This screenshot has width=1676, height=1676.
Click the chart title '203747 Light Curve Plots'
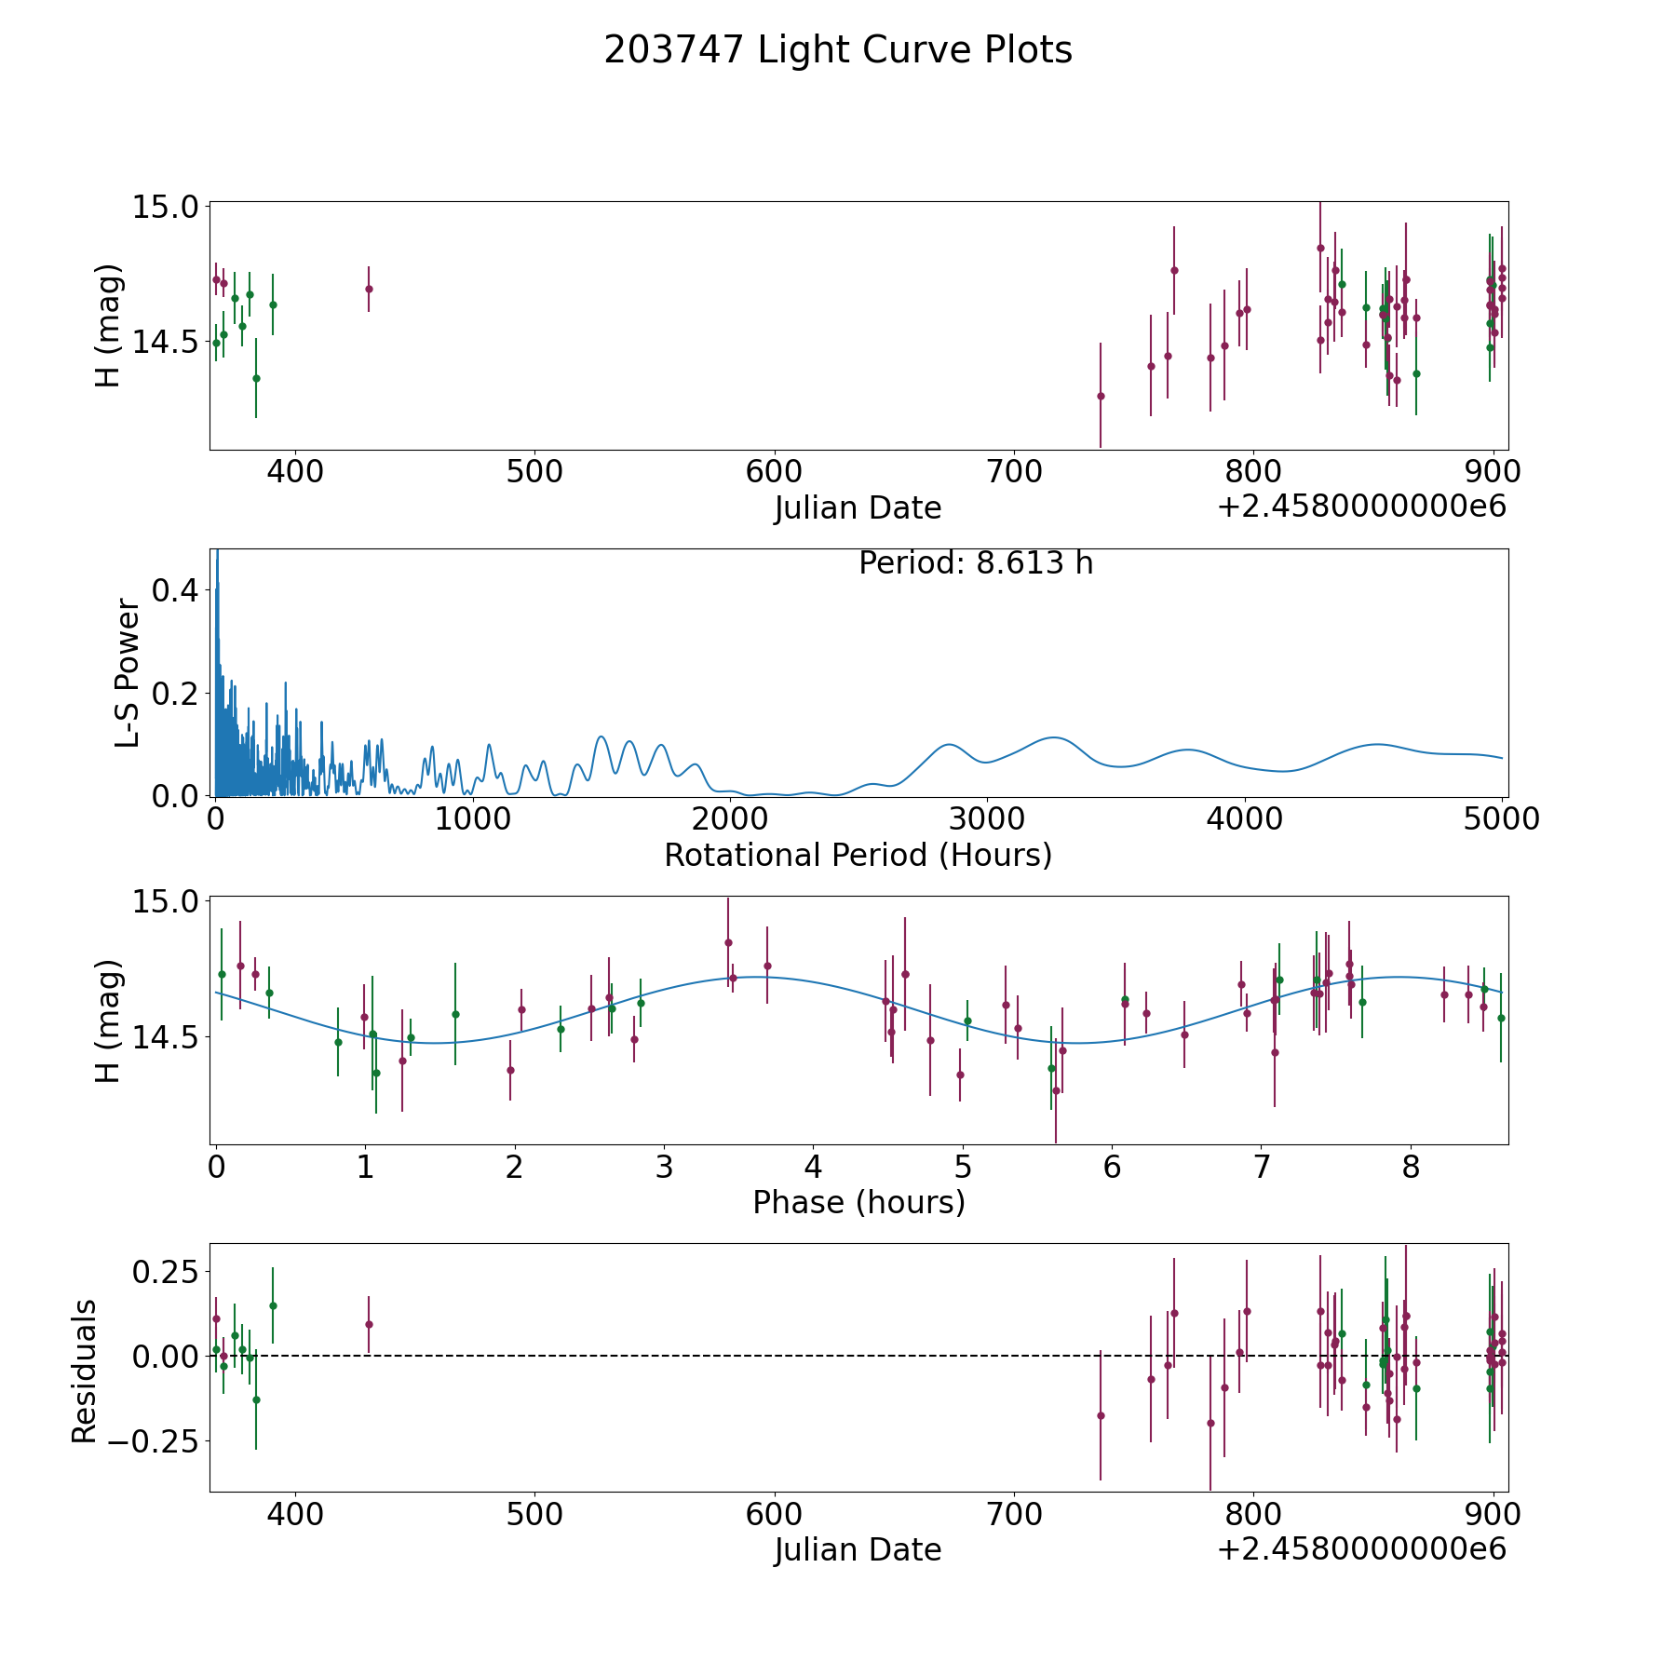pos(838,50)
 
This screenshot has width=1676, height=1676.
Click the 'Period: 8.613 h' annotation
pos(976,563)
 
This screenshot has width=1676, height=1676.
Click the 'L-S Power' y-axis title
pos(128,672)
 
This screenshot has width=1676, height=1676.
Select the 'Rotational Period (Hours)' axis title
pos(858,855)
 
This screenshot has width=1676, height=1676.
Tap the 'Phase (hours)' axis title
pos(858,1202)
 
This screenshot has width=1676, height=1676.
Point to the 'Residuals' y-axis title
pos(84,1371)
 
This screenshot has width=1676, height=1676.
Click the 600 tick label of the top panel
pos(775,472)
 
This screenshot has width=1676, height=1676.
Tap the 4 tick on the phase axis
pos(814,1168)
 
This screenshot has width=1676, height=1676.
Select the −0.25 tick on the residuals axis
pos(155,1441)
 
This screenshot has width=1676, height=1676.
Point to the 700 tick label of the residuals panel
pos(1014,1515)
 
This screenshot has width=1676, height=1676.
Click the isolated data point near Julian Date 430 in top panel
pos(369,289)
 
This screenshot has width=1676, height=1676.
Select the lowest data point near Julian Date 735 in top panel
pos(1101,396)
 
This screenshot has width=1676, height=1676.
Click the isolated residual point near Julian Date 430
pos(369,1324)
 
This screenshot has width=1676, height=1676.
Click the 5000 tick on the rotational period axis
pos(1501,819)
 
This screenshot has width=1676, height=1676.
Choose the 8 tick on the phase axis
pos(1412,1168)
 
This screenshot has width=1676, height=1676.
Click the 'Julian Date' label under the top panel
pos(858,508)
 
